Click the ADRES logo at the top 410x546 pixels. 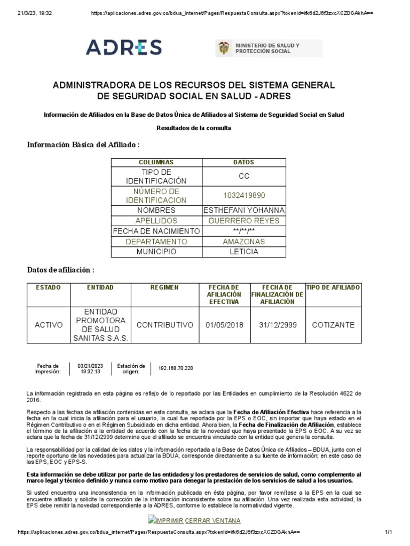pos(124,47)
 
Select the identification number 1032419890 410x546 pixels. pos(244,196)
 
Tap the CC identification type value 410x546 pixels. pos(244,176)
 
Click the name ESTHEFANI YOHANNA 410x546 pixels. pos(244,210)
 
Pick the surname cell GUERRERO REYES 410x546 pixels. pos(244,221)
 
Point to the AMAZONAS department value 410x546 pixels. pos(244,242)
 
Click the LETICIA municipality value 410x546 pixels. pos(244,252)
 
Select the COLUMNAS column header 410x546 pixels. pos(156,162)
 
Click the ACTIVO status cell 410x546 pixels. pos(48,325)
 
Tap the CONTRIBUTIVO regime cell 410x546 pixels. pos(164,325)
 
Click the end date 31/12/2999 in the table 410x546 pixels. pos(277,325)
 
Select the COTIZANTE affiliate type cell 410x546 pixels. pos(333,325)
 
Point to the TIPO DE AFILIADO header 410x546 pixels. pos(333,288)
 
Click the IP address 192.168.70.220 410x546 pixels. pos(176,368)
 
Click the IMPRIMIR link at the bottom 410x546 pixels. pos(167,520)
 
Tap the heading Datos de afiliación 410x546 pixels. pos(61,270)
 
